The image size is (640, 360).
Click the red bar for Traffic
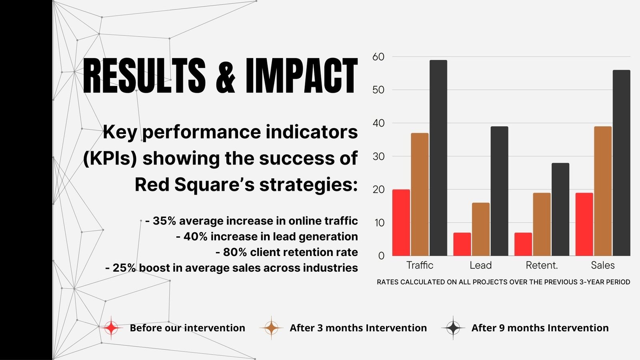[x=401, y=222]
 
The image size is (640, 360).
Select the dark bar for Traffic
[x=438, y=158]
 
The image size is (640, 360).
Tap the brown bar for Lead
[x=480, y=229]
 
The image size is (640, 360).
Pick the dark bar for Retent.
[x=560, y=210]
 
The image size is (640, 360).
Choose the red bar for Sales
[x=584, y=224]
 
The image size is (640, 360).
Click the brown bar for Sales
[x=603, y=191]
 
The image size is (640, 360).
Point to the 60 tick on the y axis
[x=378, y=57]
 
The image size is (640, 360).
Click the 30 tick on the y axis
[x=378, y=156]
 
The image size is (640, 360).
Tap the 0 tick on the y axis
[x=381, y=256]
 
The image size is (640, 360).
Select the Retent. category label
[x=542, y=266]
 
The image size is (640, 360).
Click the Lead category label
[x=480, y=266]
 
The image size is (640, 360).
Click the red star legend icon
[x=111, y=328]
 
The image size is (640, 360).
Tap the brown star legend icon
[x=271, y=328]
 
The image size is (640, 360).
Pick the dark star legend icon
[x=453, y=328]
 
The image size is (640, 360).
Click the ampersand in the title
[x=226, y=76]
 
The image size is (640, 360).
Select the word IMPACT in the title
[x=302, y=76]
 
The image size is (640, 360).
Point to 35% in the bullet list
[x=164, y=221]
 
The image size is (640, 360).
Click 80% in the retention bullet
[x=235, y=252]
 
